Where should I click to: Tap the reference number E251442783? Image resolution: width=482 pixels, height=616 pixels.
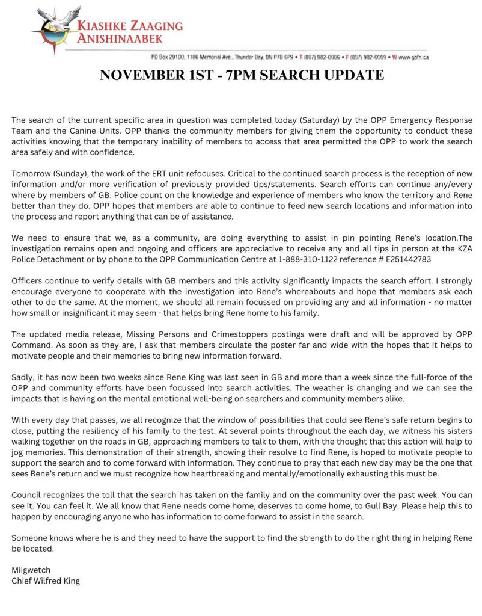(405, 259)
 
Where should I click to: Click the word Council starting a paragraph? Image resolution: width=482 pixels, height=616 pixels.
(28, 494)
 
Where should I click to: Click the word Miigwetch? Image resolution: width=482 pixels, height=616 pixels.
(31, 570)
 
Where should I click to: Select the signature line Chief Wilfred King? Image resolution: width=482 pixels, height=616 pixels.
(46, 581)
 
